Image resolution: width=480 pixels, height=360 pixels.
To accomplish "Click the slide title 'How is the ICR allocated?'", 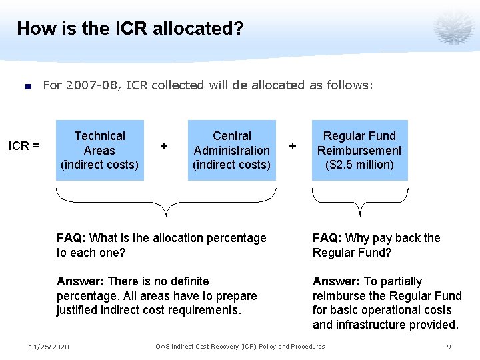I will tap(130, 29).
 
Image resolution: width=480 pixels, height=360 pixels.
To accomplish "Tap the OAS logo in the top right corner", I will tap(453, 27).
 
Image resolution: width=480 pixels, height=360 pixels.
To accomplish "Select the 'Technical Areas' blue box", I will tap(99, 150).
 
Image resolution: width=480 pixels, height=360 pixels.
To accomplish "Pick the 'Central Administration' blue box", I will tap(231, 150).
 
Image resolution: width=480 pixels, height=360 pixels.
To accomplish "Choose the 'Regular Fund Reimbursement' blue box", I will tap(359, 150).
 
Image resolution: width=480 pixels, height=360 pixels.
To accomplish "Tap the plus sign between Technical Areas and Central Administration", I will tap(164, 145).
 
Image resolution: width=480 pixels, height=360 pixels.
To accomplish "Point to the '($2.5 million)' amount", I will tap(359, 165).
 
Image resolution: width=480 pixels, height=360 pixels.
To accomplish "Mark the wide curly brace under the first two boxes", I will tap(165, 200).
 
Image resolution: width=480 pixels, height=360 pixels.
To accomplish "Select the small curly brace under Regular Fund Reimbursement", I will tap(359, 200).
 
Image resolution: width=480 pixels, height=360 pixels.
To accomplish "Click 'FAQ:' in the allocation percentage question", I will tap(71, 238).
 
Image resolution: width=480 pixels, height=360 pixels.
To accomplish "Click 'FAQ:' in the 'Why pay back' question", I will tap(327, 238).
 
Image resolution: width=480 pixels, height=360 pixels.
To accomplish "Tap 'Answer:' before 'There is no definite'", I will tap(81, 281).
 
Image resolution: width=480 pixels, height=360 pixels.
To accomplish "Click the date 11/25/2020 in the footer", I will tap(49, 347).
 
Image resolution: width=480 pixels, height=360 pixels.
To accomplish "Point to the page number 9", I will tap(449, 347).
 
